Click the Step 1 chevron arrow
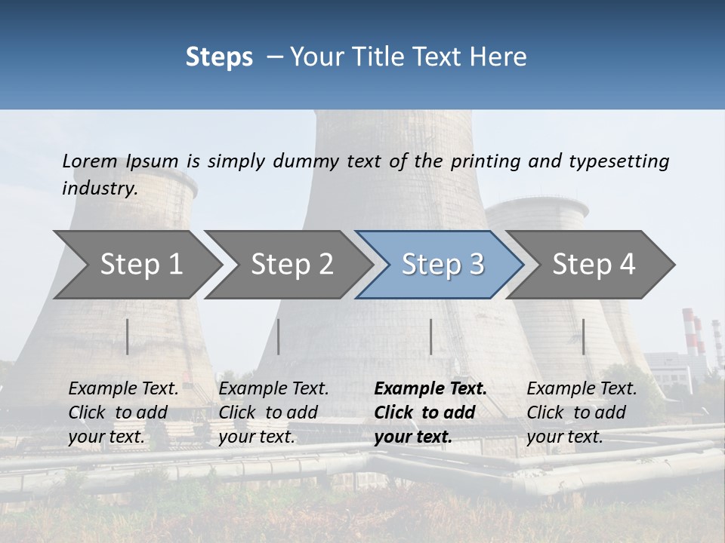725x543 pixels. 140,265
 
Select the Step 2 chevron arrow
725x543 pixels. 291,265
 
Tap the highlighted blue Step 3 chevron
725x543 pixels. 442,265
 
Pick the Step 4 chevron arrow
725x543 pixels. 593,265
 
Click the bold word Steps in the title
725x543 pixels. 219,57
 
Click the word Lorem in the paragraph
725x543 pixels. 90,161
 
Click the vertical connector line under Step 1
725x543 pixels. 128,336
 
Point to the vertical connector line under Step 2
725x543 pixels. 279,336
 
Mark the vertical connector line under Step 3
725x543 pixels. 430,336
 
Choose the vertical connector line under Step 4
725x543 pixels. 583,336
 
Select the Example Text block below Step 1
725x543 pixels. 123,413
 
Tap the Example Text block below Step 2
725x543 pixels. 273,413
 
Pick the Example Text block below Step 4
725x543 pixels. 582,413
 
